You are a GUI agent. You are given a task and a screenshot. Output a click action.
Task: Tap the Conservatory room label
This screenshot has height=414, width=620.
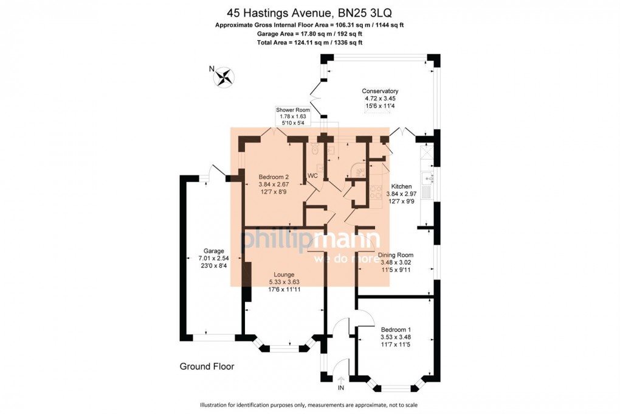(381, 91)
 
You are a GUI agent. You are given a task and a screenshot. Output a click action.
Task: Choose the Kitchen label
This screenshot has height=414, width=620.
(401, 186)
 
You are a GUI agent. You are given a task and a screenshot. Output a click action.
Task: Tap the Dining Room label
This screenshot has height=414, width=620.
(396, 255)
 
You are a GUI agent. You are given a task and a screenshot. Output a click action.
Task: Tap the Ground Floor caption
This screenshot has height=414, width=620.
(207, 367)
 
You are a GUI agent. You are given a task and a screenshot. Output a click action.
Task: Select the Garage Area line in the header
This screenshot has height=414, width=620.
(309, 33)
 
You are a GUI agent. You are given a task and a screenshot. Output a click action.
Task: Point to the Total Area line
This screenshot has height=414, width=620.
(309, 43)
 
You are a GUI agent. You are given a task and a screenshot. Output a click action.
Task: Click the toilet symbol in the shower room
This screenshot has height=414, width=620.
(314, 150)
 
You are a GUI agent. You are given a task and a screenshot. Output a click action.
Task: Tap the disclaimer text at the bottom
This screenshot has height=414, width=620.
(309, 405)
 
